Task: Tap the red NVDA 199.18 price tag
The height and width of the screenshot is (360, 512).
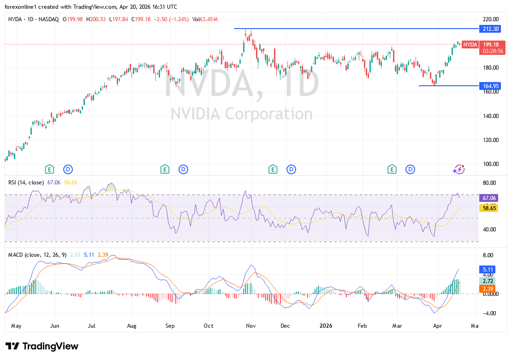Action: [x=470, y=45]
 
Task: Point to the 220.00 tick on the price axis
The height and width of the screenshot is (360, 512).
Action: [x=490, y=19]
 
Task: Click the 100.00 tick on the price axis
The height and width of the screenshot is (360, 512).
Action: [x=490, y=164]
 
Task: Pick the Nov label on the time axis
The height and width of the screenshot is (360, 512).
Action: [x=251, y=326]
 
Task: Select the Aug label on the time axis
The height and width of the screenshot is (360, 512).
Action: [x=131, y=326]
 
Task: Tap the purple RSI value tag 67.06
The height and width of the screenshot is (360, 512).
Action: [x=489, y=198]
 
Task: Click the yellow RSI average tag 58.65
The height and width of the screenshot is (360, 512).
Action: [x=489, y=208]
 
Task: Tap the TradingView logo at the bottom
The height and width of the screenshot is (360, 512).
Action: [x=42, y=347]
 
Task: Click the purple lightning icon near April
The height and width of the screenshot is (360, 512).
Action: [x=458, y=169]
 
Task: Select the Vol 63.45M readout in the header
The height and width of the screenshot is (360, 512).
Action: [x=205, y=19]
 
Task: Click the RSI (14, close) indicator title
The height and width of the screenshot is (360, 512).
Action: [x=26, y=183]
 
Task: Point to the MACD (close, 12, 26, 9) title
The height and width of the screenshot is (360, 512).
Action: [x=37, y=255]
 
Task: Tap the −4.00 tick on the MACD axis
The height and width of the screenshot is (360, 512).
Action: [x=489, y=313]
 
